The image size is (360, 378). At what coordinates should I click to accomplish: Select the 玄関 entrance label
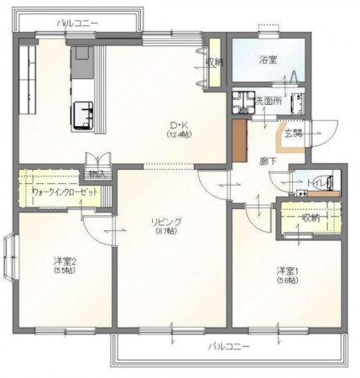point(293,132)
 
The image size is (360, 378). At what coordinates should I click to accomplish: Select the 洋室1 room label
point(288,270)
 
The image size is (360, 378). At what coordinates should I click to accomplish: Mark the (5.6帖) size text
point(288,281)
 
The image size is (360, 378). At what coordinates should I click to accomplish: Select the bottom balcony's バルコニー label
point(227,346)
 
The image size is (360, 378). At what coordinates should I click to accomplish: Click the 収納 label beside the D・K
point(213,61)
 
